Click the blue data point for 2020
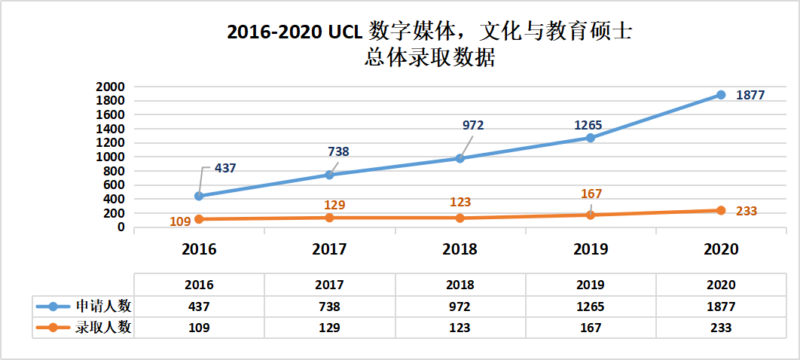point(720,95)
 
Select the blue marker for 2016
point(199,196)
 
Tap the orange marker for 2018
point(460,218)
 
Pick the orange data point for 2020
point(720,210)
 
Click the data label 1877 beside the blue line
point(750,95)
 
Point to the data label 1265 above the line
point(588,125)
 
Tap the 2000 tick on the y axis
point(110,87)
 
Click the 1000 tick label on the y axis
point(110,157)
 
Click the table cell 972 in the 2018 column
point(460,307)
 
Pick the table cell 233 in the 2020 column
point(720,328)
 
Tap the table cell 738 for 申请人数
point(329,307)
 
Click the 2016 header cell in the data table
point(199,285)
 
